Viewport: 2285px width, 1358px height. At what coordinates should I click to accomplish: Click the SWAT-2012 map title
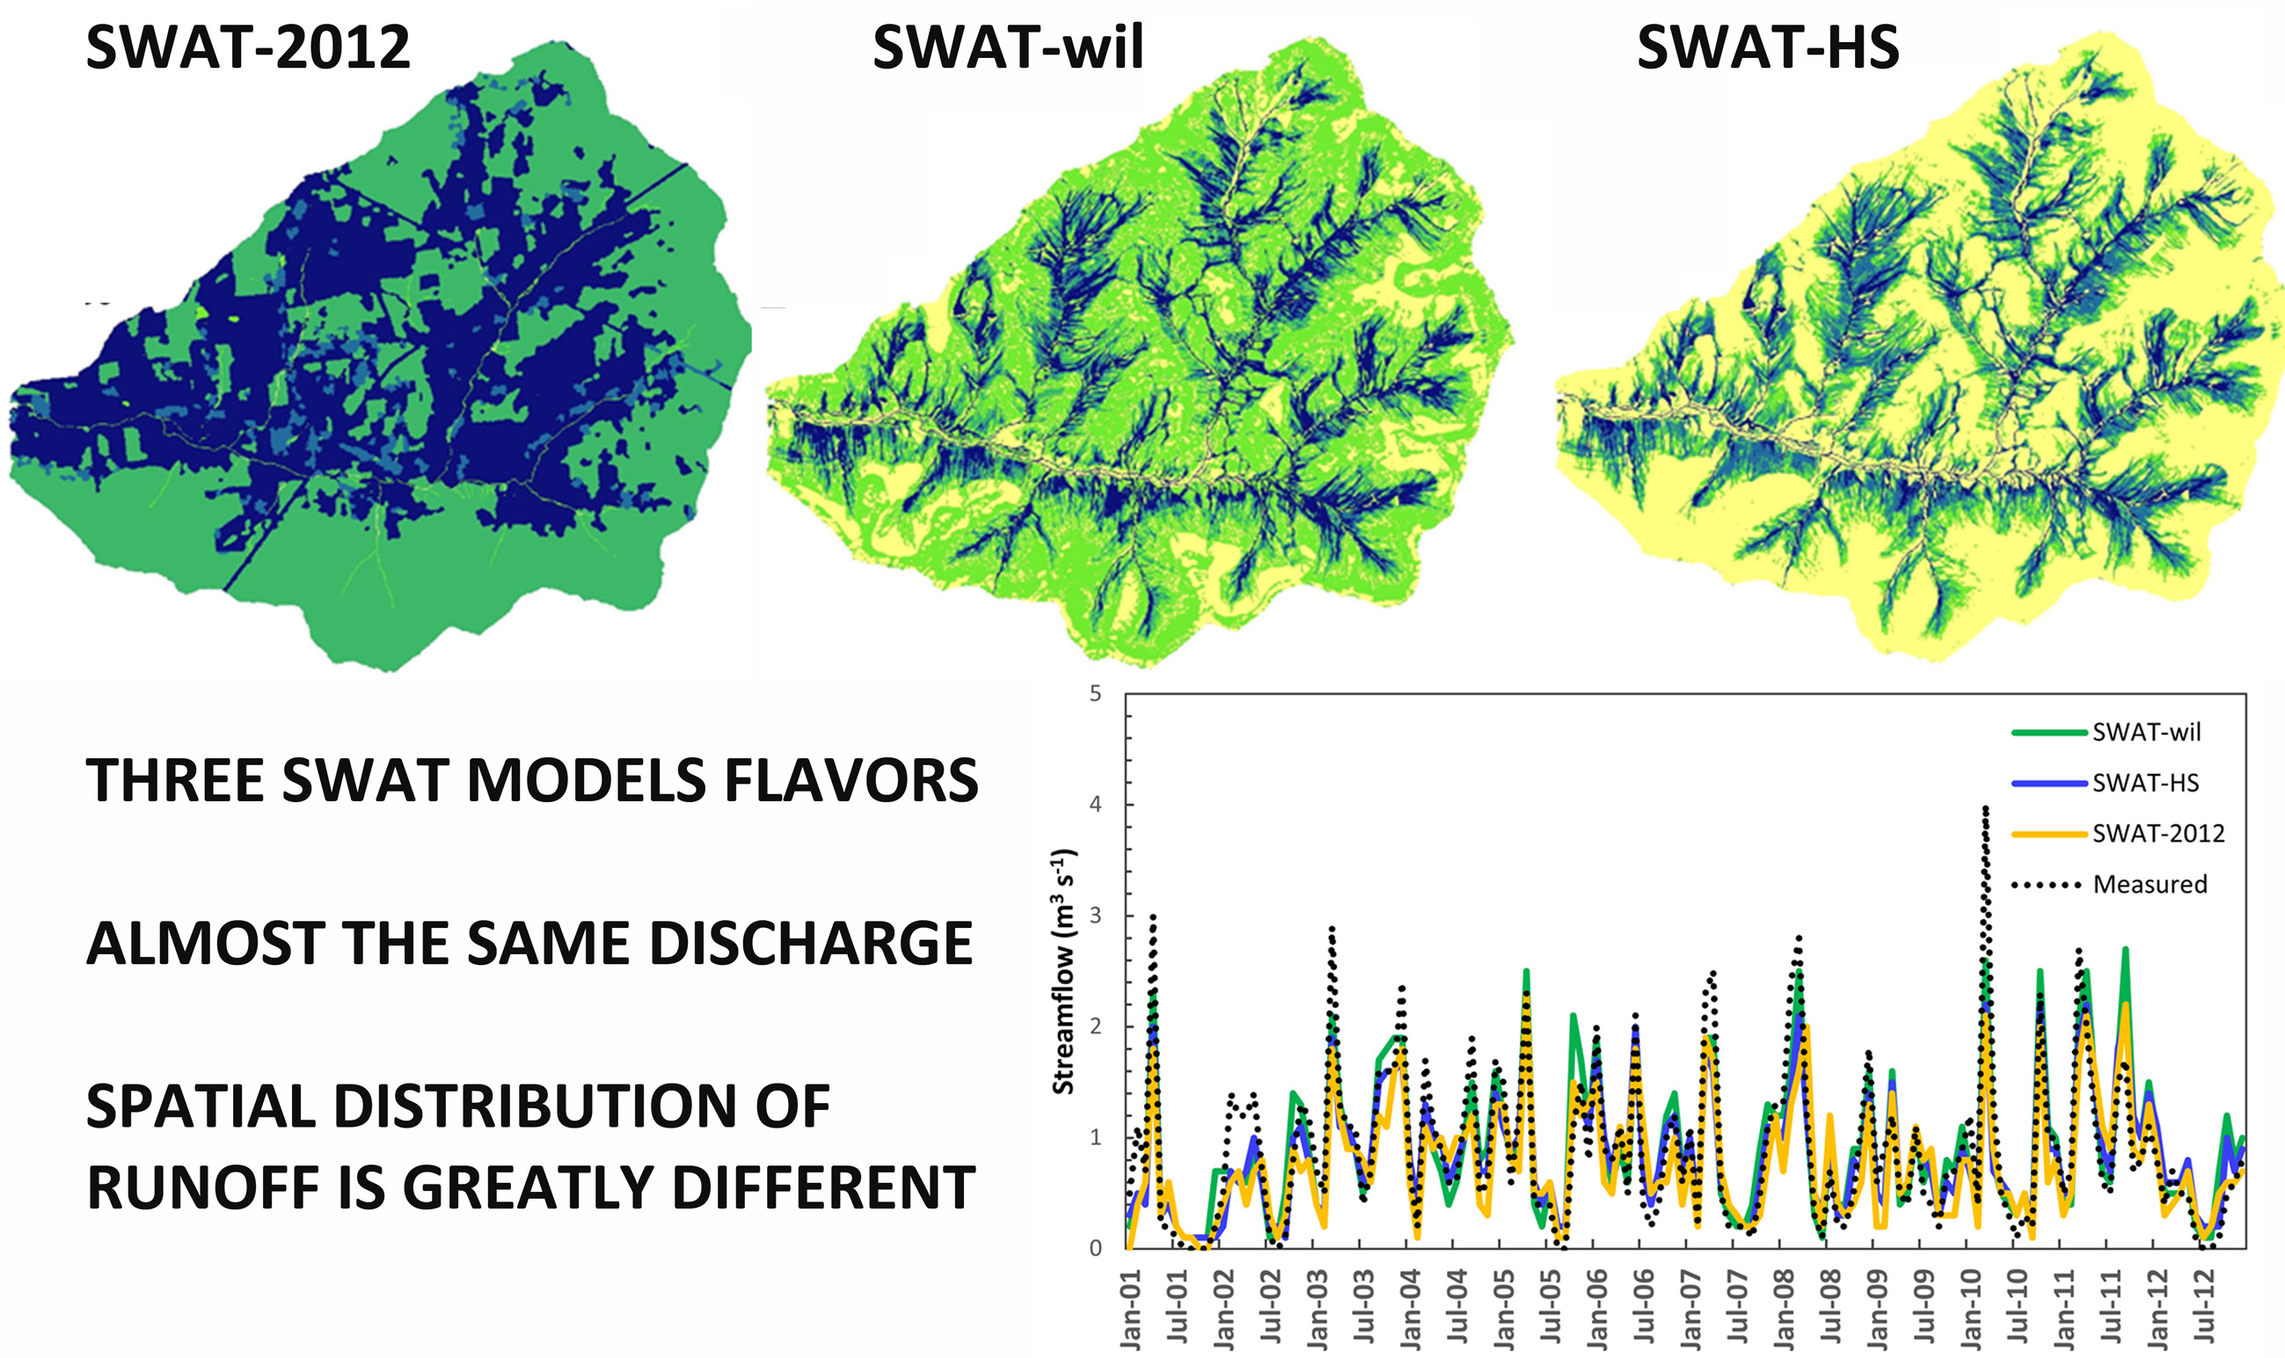[x=247, y=47]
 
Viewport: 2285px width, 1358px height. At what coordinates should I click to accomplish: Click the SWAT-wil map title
[x=1008, y=47]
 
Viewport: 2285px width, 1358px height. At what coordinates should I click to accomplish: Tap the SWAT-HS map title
[x=1767, y=47]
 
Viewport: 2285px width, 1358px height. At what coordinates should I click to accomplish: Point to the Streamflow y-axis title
[x=1063, y=972]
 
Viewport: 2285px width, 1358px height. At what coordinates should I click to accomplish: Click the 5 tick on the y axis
[x=1095, y=694]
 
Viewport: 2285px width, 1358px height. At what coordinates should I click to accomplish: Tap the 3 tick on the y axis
[x=1095, y=916]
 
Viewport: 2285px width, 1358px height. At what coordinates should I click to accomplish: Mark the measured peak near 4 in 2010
[x=1985, y=809]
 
